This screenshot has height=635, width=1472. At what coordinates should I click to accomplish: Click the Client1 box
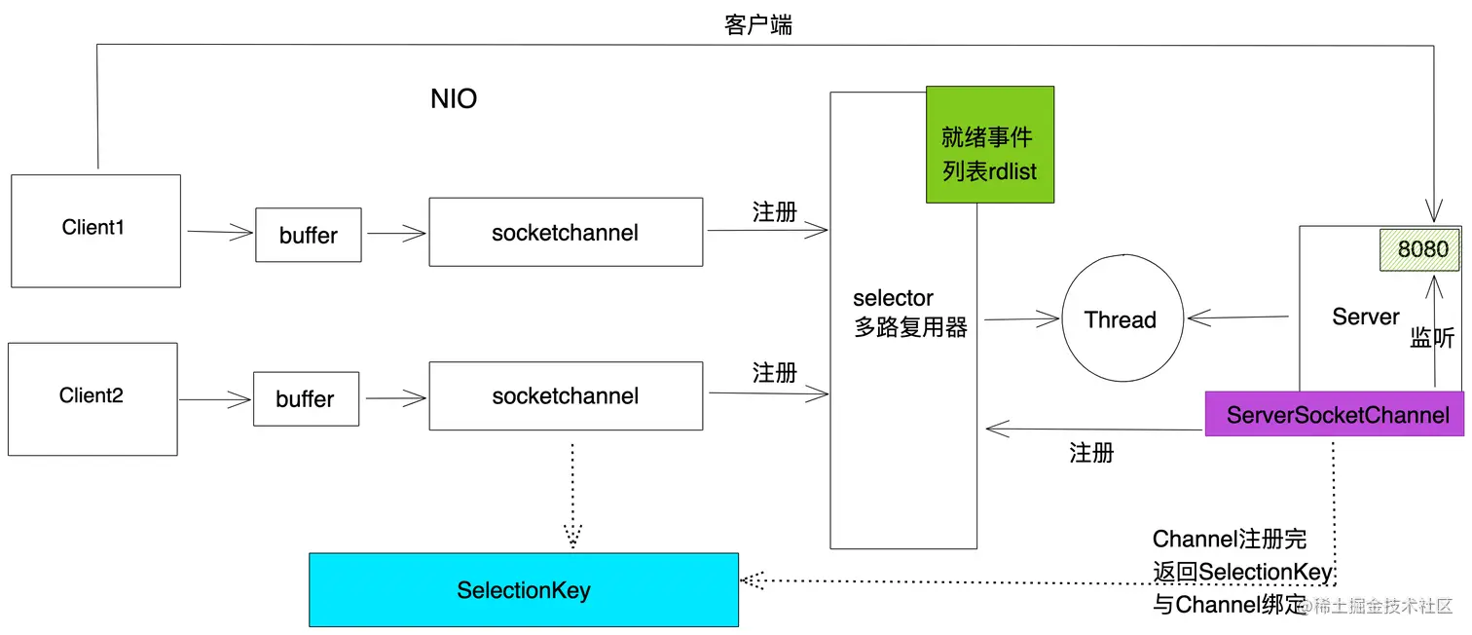coord(95,231)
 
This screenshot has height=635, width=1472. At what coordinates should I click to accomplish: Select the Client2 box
coord(92,398)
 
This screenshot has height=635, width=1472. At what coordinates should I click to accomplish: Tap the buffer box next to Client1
coord(308,235)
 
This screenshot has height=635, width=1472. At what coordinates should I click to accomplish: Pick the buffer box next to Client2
coord(306,399)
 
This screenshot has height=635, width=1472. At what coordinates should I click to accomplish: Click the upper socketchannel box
coord(566,233)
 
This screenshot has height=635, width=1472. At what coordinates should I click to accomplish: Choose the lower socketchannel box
coord(566,396)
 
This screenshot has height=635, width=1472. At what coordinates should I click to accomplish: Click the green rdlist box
coord(989,144)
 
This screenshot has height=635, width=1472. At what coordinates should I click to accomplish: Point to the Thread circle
coord(1122,320)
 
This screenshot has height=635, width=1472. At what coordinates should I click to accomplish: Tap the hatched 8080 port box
coord(1422,249)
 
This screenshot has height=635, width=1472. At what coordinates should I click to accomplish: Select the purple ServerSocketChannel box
coord(1337,415)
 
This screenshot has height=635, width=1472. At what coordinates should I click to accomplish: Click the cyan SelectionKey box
coord(524,590)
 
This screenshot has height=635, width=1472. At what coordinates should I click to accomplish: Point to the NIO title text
coord(454,99)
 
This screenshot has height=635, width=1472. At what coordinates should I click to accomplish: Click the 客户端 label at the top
coord(758,25)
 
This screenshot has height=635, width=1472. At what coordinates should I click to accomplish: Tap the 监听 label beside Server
coord(1432,338)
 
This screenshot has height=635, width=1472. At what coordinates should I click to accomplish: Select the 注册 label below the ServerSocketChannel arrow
coord(1091,453)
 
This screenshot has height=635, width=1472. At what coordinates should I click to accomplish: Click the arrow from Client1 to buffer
coord(220,233)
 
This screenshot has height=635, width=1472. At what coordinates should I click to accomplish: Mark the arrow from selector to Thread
coord(1020,318)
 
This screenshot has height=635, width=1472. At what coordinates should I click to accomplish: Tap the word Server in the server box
coord(1365,317)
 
